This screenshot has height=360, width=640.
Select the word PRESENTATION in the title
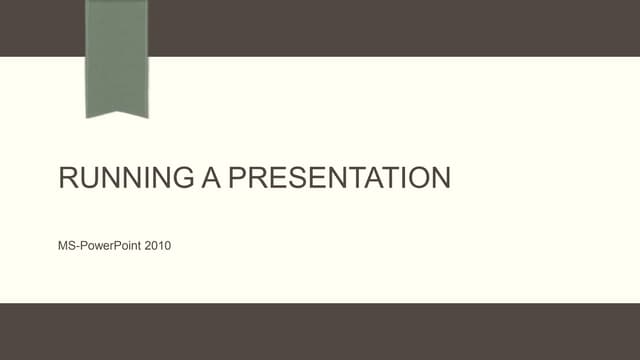[339, 179]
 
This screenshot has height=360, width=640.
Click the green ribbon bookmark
[117, 55]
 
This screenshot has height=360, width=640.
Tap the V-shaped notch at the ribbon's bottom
[117, 109]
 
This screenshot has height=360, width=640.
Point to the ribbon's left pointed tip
[88, 117]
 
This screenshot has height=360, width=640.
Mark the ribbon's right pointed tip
[146, 117]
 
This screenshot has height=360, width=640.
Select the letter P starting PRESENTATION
[237, 179]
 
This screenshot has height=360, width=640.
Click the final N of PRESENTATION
[440, 179]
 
